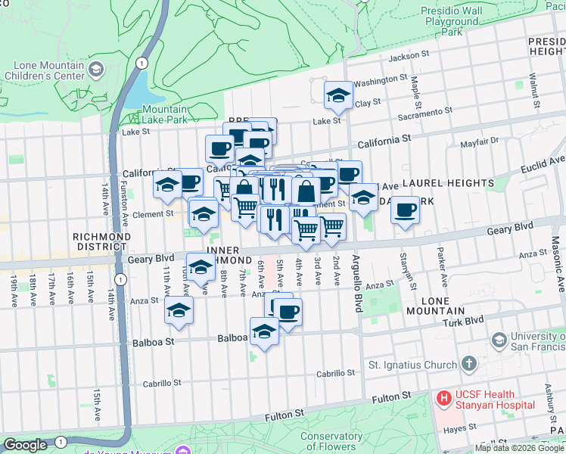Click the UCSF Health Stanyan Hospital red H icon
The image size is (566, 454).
point(443,396)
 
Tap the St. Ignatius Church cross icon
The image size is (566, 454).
point(469,365)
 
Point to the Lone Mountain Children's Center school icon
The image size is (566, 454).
point(96,70)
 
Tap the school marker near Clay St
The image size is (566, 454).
point(338,95)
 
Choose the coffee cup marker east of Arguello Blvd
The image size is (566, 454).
point(406,209)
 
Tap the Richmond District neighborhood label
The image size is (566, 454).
point(102,241)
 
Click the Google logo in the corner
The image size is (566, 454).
point(25,445)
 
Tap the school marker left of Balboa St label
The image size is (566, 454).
point(179,309)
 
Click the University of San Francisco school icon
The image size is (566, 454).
point(498,340)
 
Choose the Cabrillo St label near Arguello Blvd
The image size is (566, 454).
point(336,373)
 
